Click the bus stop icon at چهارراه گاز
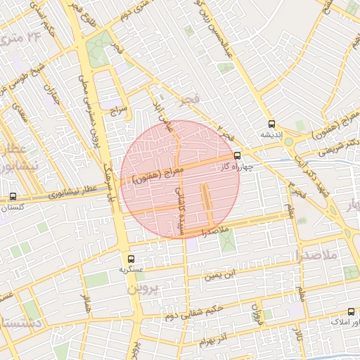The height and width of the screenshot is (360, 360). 236,156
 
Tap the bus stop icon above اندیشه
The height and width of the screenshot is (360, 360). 271,123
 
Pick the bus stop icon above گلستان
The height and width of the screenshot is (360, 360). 13,198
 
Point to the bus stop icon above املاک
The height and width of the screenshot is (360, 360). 350,311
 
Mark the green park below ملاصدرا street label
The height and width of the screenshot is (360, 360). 226,243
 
